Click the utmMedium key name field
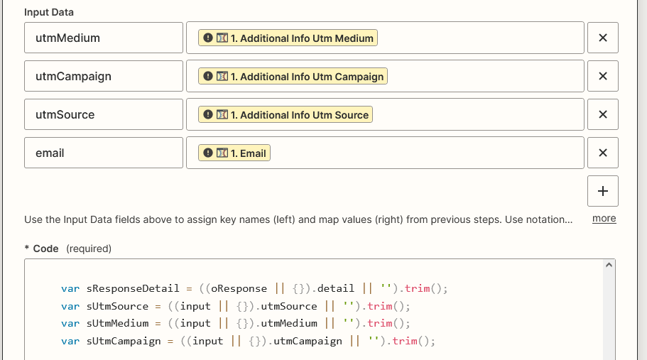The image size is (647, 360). (104, 38)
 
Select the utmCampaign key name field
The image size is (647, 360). (104, 76)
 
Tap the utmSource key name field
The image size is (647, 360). (104, 114)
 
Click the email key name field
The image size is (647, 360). (104, 153)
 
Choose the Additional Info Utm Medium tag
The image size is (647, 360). (288, 38)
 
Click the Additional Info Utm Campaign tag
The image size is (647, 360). (293, 76)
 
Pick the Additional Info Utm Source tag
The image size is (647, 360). (285, 114)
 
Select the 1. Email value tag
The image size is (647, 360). (234, 153)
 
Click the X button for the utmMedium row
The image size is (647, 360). (603, 38)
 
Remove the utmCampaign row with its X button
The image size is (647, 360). (603, 76)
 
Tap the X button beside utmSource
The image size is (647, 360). (603, 114)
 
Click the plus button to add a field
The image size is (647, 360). (603, 191)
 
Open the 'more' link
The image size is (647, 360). (604, 219)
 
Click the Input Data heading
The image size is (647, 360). (49, 12)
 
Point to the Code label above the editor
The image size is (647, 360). (45, 249)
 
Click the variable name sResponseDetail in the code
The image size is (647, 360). (133, 288)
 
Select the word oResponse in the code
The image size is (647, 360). (239, 288)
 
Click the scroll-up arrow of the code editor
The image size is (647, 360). (609, 265)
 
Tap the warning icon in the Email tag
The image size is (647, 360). (208, 153)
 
